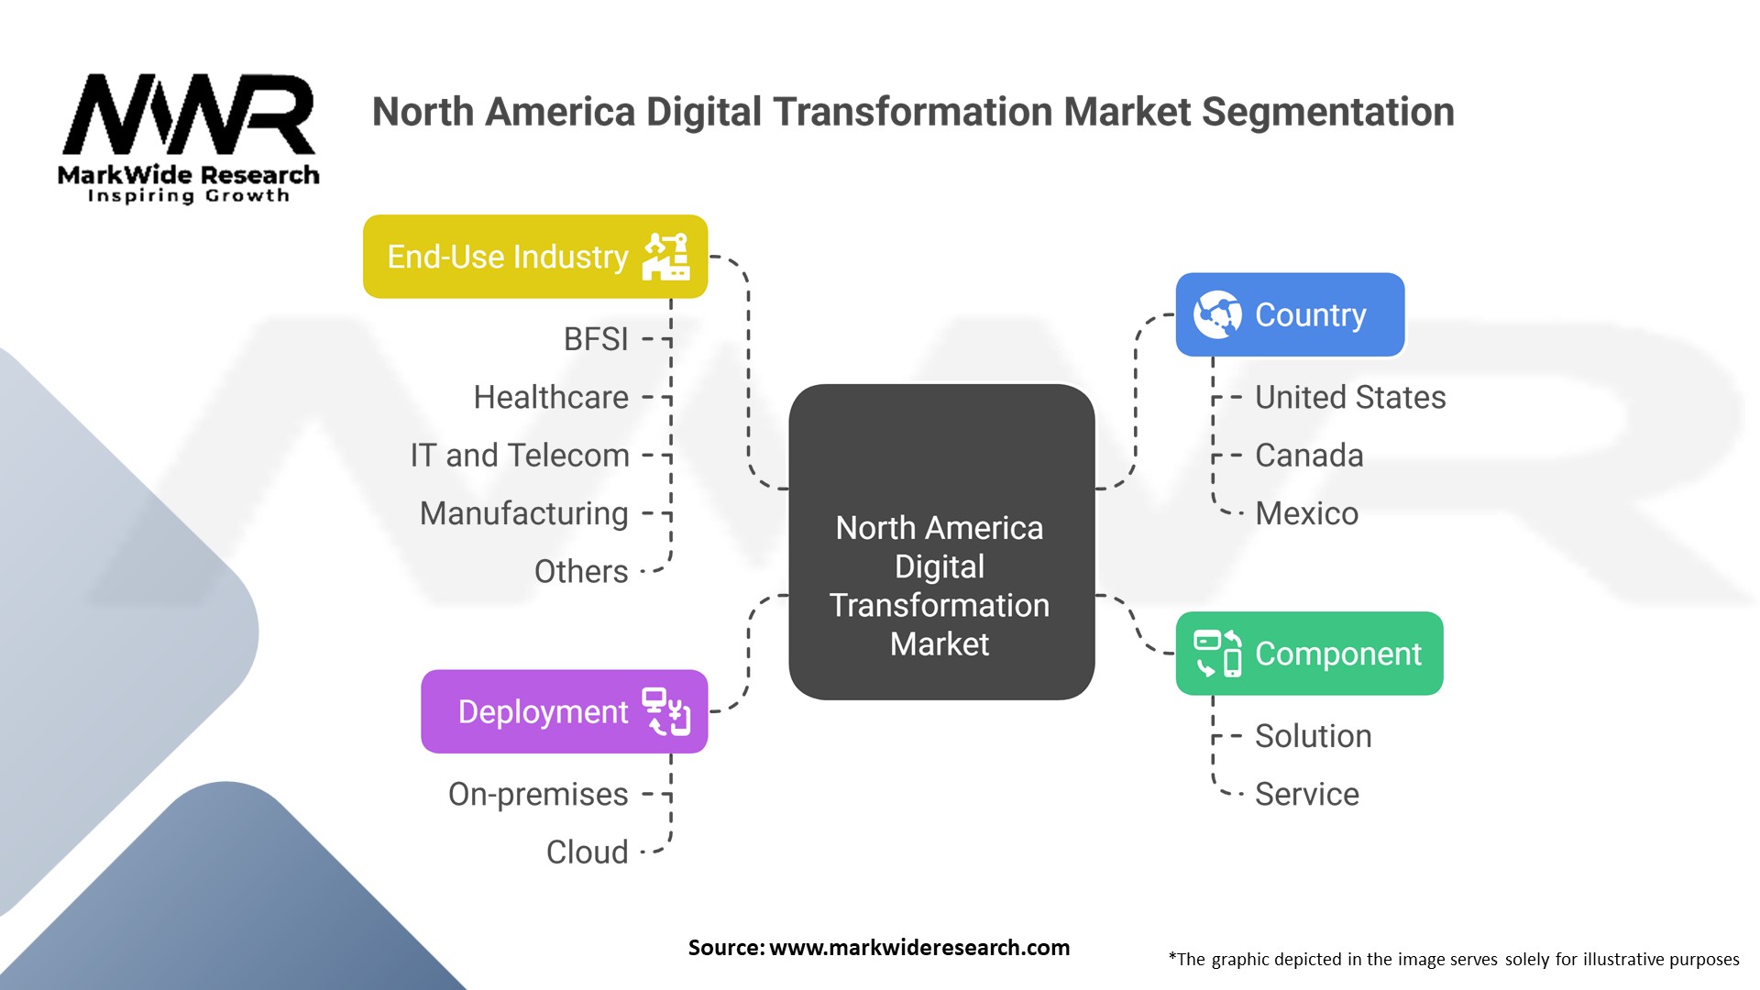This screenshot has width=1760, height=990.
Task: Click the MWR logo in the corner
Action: coord(188,137)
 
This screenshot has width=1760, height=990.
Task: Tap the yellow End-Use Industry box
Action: coord(534,257)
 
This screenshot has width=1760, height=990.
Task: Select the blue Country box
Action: coord(1290,314)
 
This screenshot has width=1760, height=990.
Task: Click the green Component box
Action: coord(1309,654)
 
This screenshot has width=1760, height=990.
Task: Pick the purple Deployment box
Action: coord(564,711)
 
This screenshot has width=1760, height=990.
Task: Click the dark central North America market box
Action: coord(941,542)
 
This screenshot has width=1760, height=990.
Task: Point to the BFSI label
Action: coord(596,339)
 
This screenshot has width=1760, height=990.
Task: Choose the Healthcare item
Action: coord(551,397)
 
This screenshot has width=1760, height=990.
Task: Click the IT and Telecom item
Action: coord(520,456)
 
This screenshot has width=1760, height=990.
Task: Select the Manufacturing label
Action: coord(523,513)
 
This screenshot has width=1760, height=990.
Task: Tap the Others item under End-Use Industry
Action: coord(581,571)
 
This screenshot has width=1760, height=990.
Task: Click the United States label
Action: coord(1349,397)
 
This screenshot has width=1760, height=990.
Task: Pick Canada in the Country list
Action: coord(1308,456)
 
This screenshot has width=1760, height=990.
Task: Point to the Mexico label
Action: coord(1306,513)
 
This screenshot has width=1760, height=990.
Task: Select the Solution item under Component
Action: coord(1313,736)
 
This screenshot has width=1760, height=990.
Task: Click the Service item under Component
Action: coord(1306,794)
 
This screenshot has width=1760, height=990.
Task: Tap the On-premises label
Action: coord(538,794)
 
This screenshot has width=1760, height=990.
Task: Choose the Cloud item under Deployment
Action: coord(587,852)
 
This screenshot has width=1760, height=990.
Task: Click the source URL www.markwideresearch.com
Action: coord(918,948)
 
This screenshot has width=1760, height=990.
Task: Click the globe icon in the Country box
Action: coord(1217,314)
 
